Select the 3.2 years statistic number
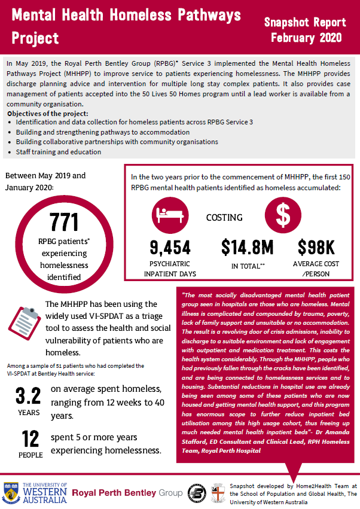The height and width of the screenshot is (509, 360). coord(27,396)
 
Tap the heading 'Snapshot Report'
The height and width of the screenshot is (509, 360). coord(305,23)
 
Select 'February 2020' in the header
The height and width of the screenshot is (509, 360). coord(306,37)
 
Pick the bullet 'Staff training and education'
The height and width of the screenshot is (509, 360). coord(59,152)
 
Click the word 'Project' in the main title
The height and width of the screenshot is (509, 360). coord(36,38)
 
